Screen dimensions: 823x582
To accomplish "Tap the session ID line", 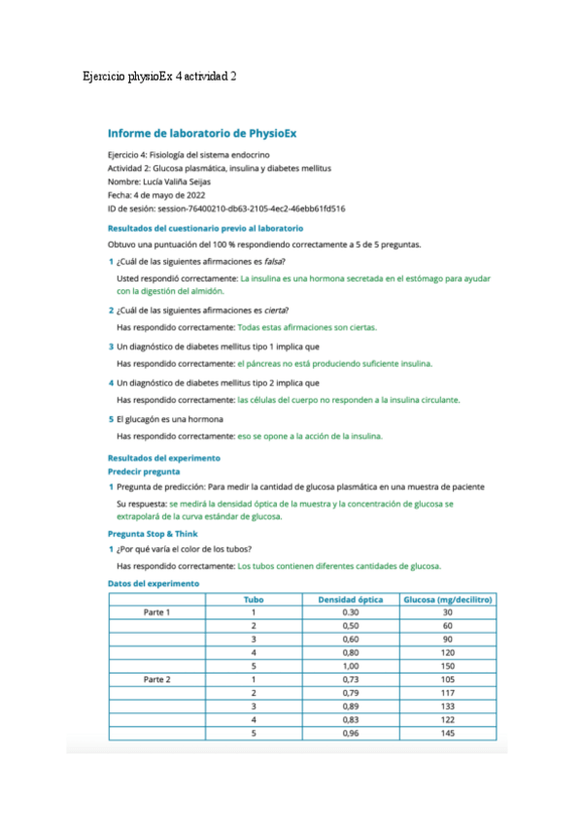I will pyautogui.click(x=227, y=208).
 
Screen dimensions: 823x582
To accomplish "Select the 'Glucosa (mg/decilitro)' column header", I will pyautogui.click(x=447, y=599).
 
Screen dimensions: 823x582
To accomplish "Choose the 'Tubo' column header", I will pyautogui.click(x=253, y=599).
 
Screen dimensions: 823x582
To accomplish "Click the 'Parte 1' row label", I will pyautogui.click(x=156, y=612).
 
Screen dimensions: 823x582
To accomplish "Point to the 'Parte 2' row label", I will pyautogui.click(x=156, y=679).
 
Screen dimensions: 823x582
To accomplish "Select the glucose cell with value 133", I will pyautogui.click(x=447, y=707).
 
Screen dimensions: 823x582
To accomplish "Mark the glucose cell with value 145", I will pyautogui.click(x=447, y=733).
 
